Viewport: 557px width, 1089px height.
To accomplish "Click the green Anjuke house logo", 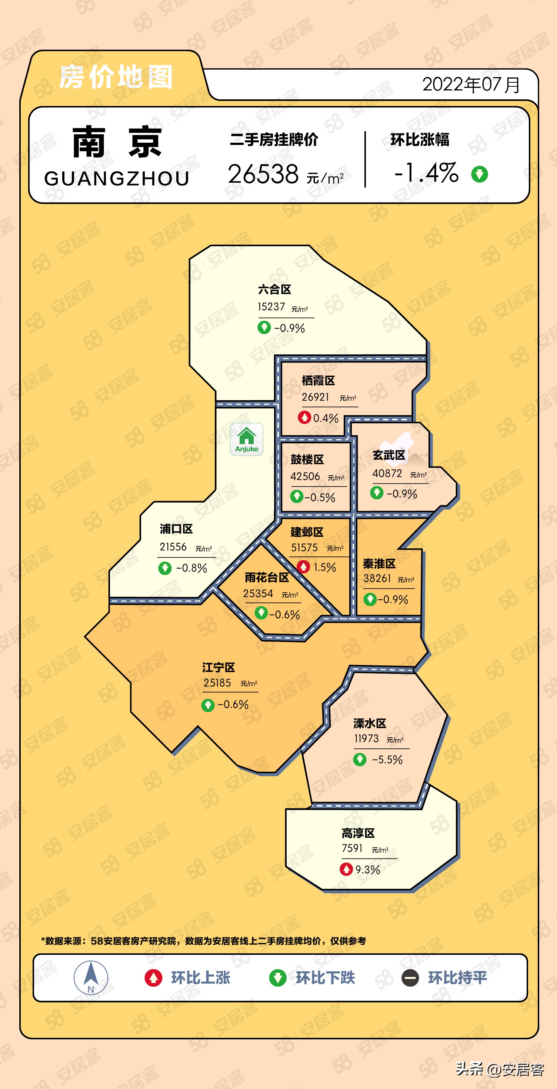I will (247, 439).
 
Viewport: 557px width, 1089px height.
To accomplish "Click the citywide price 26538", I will (263, 174).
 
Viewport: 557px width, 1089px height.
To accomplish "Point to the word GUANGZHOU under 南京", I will (117, 178).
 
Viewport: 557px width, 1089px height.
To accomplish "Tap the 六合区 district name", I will (274, 289).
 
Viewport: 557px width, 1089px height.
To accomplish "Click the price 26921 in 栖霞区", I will (315, 397).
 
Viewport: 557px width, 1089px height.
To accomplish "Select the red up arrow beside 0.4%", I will (304, 417).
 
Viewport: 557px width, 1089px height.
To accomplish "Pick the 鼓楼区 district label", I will (307, 460).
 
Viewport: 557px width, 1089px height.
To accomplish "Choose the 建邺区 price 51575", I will (304, 548).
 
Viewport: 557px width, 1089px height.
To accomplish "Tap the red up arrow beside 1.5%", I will (303, 566).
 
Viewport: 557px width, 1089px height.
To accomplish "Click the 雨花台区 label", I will (267, 577).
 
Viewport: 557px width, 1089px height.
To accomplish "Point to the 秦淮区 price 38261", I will (377, 578).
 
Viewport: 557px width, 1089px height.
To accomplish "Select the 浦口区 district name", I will (176, 529).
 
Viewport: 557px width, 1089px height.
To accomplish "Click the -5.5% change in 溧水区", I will (387, 760).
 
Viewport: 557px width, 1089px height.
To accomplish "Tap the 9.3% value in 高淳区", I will (367, 870).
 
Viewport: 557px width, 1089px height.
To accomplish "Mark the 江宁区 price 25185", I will (217, 683).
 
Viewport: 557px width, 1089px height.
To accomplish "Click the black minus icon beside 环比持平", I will (410, 978).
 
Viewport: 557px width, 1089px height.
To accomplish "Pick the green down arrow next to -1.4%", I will (479, 174).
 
